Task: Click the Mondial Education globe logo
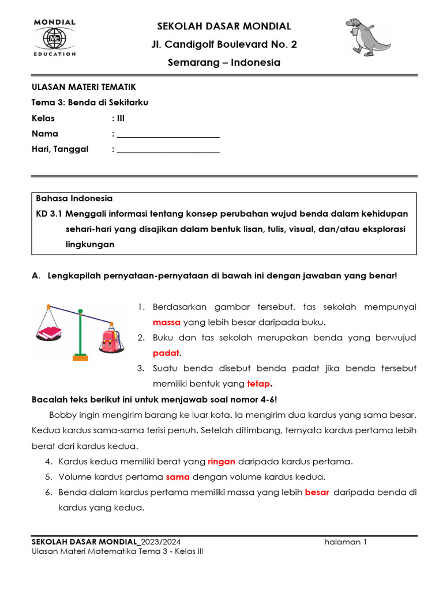point(55,38)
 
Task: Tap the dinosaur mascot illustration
point(367,37)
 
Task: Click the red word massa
point(167,322)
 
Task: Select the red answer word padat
point(166,353)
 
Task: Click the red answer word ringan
point(221,462)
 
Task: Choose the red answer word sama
point(178,477)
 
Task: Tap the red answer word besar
point(316,493)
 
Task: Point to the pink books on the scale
point(50,333)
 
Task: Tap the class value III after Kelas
point(120,118)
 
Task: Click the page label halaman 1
point(346,542)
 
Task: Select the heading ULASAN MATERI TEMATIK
point(84,87)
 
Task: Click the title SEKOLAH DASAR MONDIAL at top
point(224,27)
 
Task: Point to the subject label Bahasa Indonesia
point(74,199)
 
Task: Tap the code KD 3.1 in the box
point(49,214)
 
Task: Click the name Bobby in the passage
point(62,415)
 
